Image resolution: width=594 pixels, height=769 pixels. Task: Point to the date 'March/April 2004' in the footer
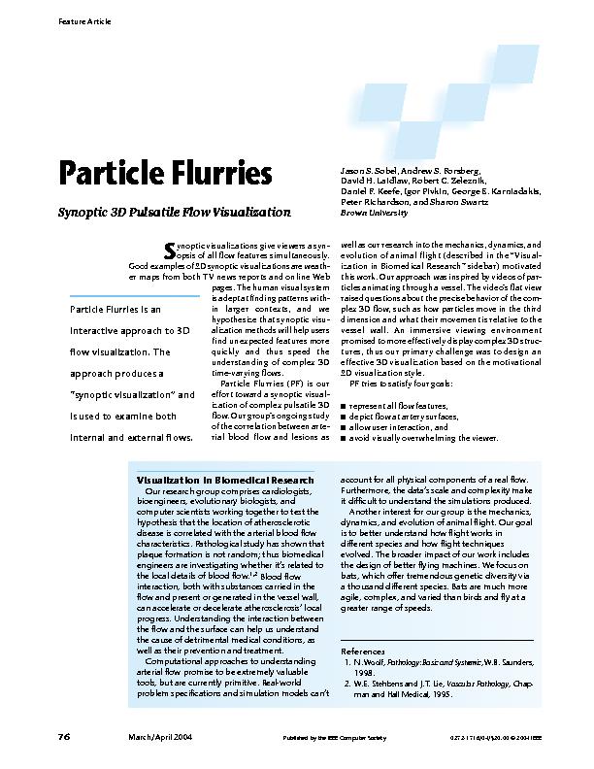coord(160,738)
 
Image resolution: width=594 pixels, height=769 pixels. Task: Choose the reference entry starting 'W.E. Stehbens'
coord(446,688)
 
